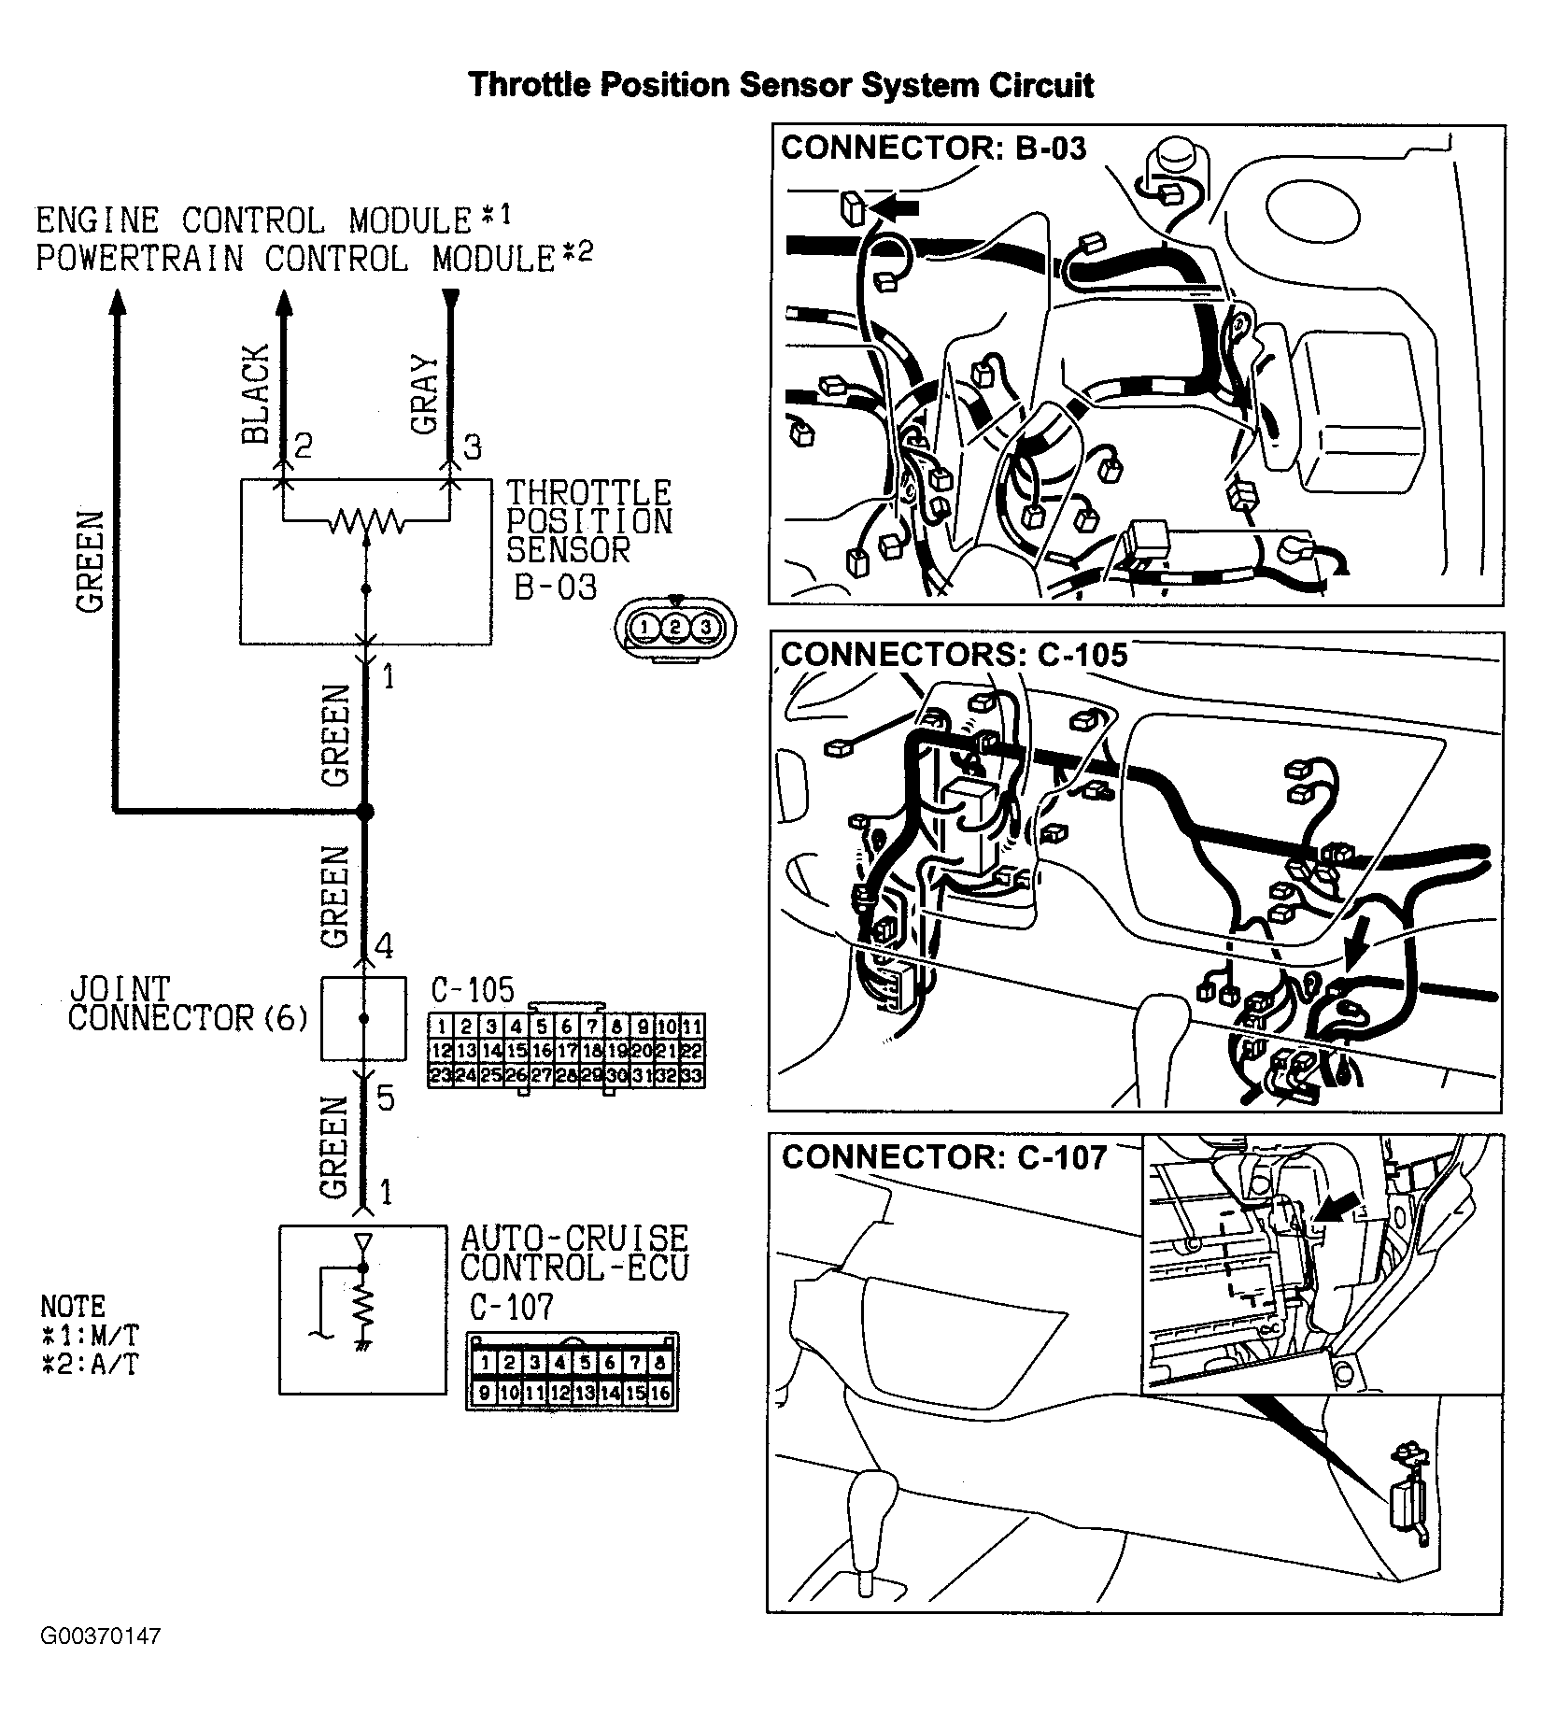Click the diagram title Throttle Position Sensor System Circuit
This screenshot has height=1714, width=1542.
pyautogui.click(x=780, y=85)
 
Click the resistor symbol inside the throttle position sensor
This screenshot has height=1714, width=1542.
pyautogui.click(x=365, y=520)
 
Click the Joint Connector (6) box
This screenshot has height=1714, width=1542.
pyautogui.click(x=363, y=1018)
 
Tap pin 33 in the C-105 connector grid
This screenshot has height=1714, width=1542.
pyautogui.click(x=692, y=1076)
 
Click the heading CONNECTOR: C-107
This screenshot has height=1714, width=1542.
pyautogui.click(x=943, y=1158)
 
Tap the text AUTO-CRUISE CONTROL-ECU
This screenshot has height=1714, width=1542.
pyautogui.click(x=573, y=1253)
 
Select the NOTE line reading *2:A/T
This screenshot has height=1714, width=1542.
pyautogui.click(x=90, y=1365)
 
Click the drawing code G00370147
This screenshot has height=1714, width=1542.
pyautogui.click(x=101, y=1663)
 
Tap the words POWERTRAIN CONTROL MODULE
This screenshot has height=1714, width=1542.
pyautogui.click(x=295, y=259)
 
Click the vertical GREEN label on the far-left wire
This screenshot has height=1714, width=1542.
pyautogui.click(x=90, y=562)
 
